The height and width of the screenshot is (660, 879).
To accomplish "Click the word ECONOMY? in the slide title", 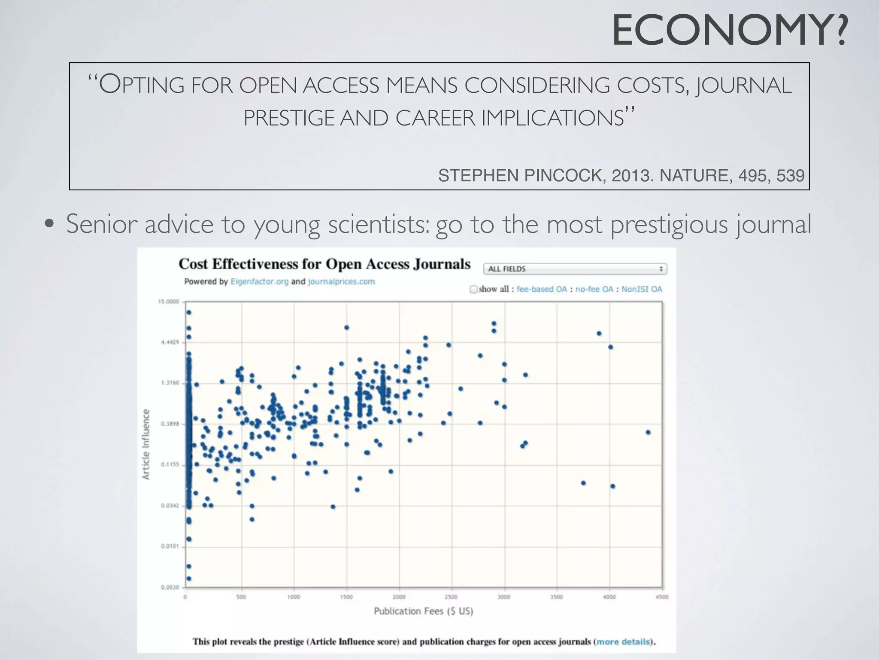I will [x=730, y=31].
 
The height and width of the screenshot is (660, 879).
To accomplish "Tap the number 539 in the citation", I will [x=791, y=176].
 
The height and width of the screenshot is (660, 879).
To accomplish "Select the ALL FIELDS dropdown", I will [x=575, y=269].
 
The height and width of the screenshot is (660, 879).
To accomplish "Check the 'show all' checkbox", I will [x=473, y=289].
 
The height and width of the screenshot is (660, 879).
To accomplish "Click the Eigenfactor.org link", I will [x=259, y=282].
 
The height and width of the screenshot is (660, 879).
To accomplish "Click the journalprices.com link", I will [x=341, y=282].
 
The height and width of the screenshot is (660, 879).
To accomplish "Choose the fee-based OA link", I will [x=542, y=289].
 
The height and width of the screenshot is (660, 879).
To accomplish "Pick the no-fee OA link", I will [x=594, y=289].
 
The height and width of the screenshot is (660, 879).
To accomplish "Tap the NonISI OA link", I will [x=642, y=289].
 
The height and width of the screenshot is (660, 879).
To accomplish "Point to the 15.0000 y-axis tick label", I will [x=169, y=302].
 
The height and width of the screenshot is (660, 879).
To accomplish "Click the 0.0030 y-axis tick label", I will [x=170, y=587].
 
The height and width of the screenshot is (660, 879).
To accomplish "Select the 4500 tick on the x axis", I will [x=662, y=597].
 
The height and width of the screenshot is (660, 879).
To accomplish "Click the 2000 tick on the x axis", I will [x=399, y=597].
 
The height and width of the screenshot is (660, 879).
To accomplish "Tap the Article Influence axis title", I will [x=146, y=444].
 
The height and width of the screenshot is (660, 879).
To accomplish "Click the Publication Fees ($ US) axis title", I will [x=423, y=611].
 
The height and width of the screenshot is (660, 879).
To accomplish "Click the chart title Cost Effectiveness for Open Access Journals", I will [x=324, y=264].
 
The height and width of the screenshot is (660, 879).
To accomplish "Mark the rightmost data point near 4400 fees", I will [x=648, y=432].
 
